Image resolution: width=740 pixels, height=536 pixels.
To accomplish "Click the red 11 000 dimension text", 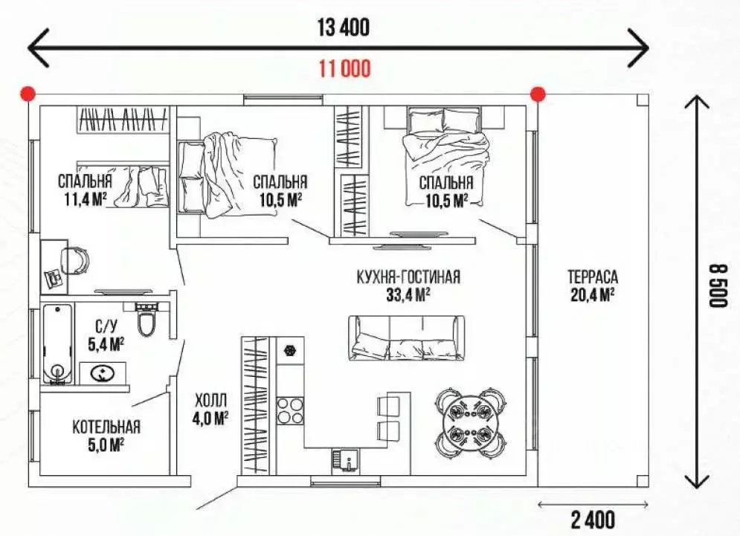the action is (x=345, y=69).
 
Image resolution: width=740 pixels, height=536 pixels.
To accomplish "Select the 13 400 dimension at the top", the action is (x=343, y=28).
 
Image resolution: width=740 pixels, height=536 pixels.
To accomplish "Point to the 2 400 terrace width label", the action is (x=593, y=520).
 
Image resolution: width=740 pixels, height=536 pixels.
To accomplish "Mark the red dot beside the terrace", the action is (x=538, y=94).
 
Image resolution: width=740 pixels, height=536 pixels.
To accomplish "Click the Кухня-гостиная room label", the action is (x=408, y=277).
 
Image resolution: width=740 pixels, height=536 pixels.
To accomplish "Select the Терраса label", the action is (x=593, y=277).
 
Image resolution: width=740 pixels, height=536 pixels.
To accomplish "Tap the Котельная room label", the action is (x=106, y=427).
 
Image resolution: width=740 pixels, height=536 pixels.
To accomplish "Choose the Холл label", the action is (x=210, y=401).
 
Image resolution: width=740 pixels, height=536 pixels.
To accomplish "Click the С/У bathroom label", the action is (x=106, y=326).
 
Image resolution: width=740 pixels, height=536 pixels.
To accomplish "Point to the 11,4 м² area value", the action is (x=86, y=199).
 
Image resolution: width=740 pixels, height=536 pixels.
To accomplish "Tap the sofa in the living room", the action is (x=406, y=338).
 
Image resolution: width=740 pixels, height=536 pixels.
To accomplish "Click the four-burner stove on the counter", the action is (x=290, y=411).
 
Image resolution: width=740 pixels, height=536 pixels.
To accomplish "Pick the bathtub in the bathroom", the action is (x=57, y=344).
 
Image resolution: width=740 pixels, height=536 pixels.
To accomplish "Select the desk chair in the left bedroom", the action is (x=74, y=260).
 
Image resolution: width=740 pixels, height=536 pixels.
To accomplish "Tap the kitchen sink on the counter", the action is (x=345, y=459).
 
